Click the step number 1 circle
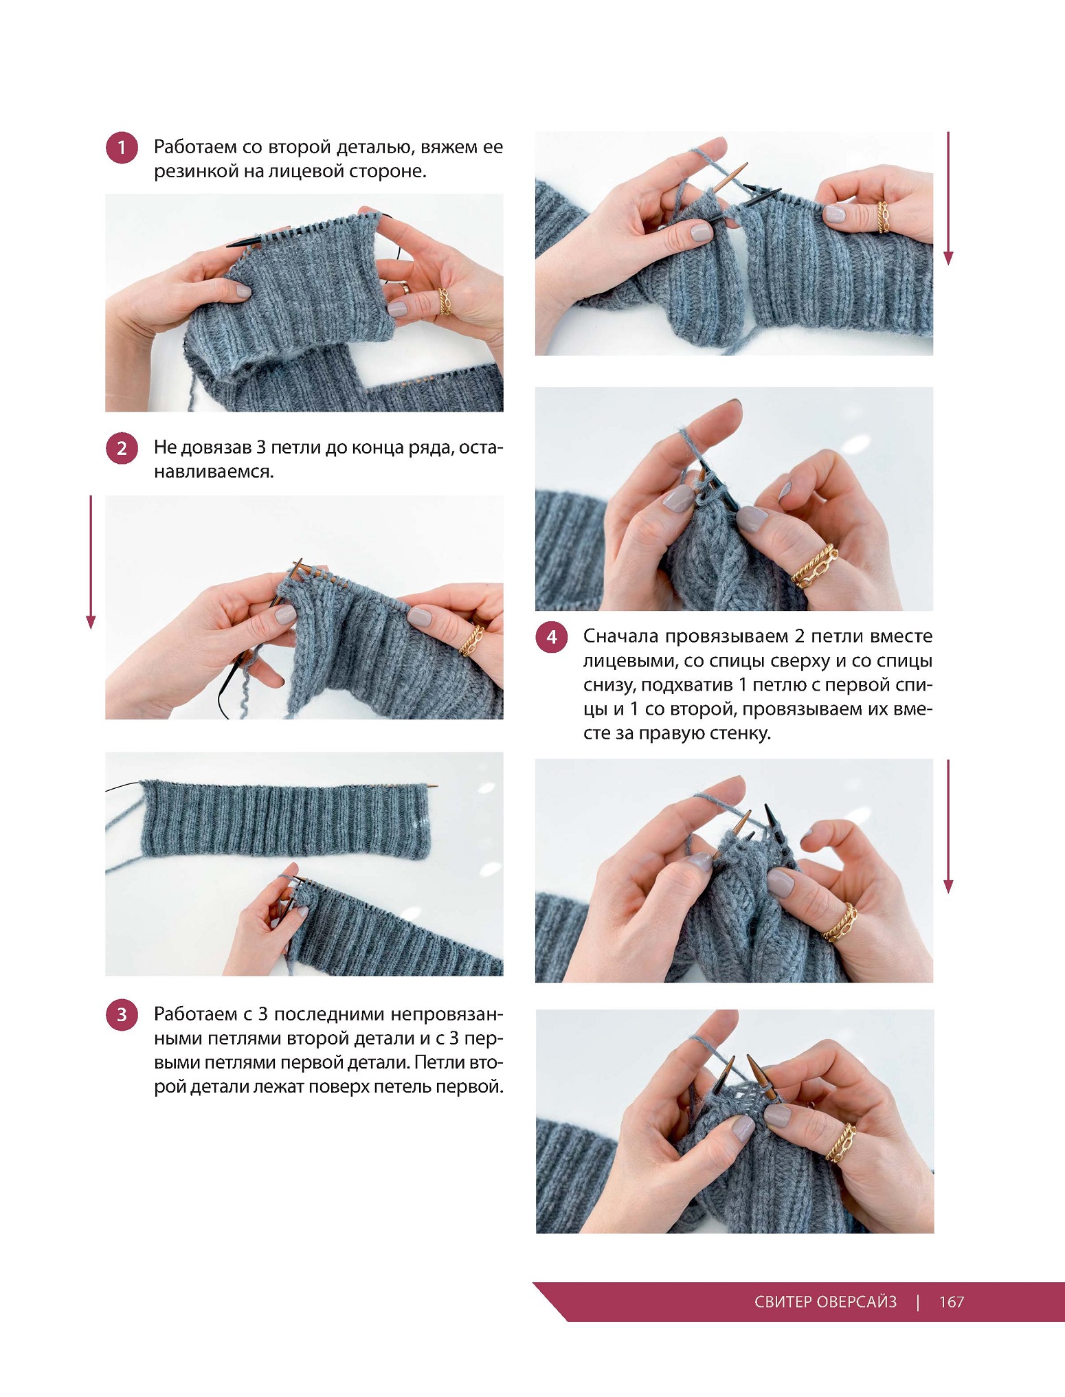click(122, 148)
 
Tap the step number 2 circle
click(122, 448)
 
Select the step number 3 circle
click(122, 1014)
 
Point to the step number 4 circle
click(551, 637)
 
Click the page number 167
click(952, 1301)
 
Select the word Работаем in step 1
click(194, 147)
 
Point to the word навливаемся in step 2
click(214, 471)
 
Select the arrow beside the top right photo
click(948, 198)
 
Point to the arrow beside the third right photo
click(948, 826)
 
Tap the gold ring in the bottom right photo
click(841, 1141)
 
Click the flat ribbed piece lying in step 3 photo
click(286, 819)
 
